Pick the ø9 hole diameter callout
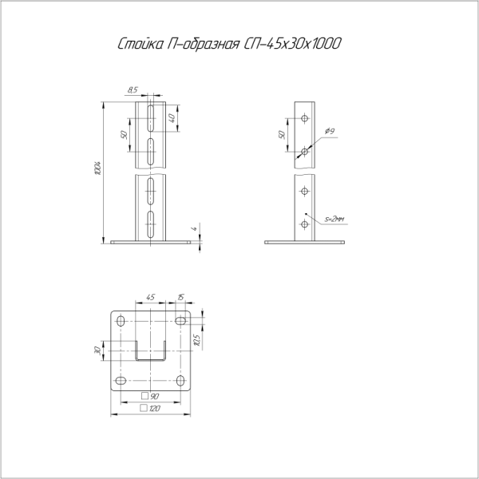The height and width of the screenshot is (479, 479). [330, 132]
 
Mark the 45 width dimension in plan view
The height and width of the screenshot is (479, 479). [150, 298]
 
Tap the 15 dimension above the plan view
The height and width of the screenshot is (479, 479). [180, 298]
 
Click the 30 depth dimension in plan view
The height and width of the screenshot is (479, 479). [97, 350]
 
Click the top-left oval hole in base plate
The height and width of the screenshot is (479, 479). [121, 321]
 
